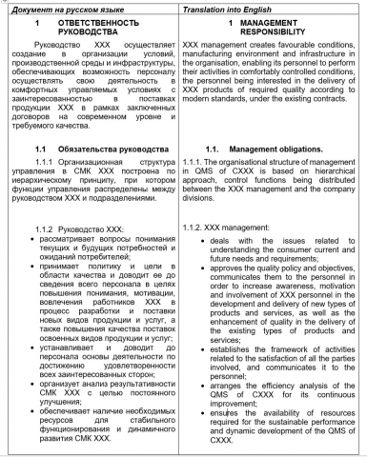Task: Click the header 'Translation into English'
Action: (x=224, y=7)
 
